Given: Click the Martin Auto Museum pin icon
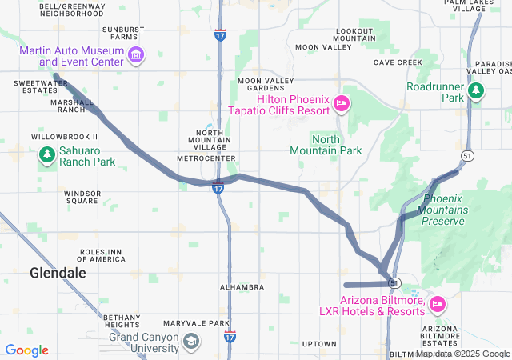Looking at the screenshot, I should click(137, 55).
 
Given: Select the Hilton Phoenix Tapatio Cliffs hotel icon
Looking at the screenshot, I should click(341, 103).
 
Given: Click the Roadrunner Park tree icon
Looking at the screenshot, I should click(476, 91).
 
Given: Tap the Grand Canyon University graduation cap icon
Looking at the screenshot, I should click(190, 342).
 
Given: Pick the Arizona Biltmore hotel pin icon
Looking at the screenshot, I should click(437, 304).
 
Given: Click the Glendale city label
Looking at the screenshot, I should click(58, 273).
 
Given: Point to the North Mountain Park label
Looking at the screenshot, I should click(326, 145).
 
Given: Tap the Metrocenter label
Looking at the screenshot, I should click(206, 158).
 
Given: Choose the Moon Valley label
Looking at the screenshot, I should click(323, 47).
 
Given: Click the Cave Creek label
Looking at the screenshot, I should click(397, 62).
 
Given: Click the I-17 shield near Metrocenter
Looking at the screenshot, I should click(218, 188).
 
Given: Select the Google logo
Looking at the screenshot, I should click(26, 350).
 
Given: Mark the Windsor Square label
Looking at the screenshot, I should click(82, 197).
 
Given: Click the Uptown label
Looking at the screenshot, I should click(319, 344).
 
